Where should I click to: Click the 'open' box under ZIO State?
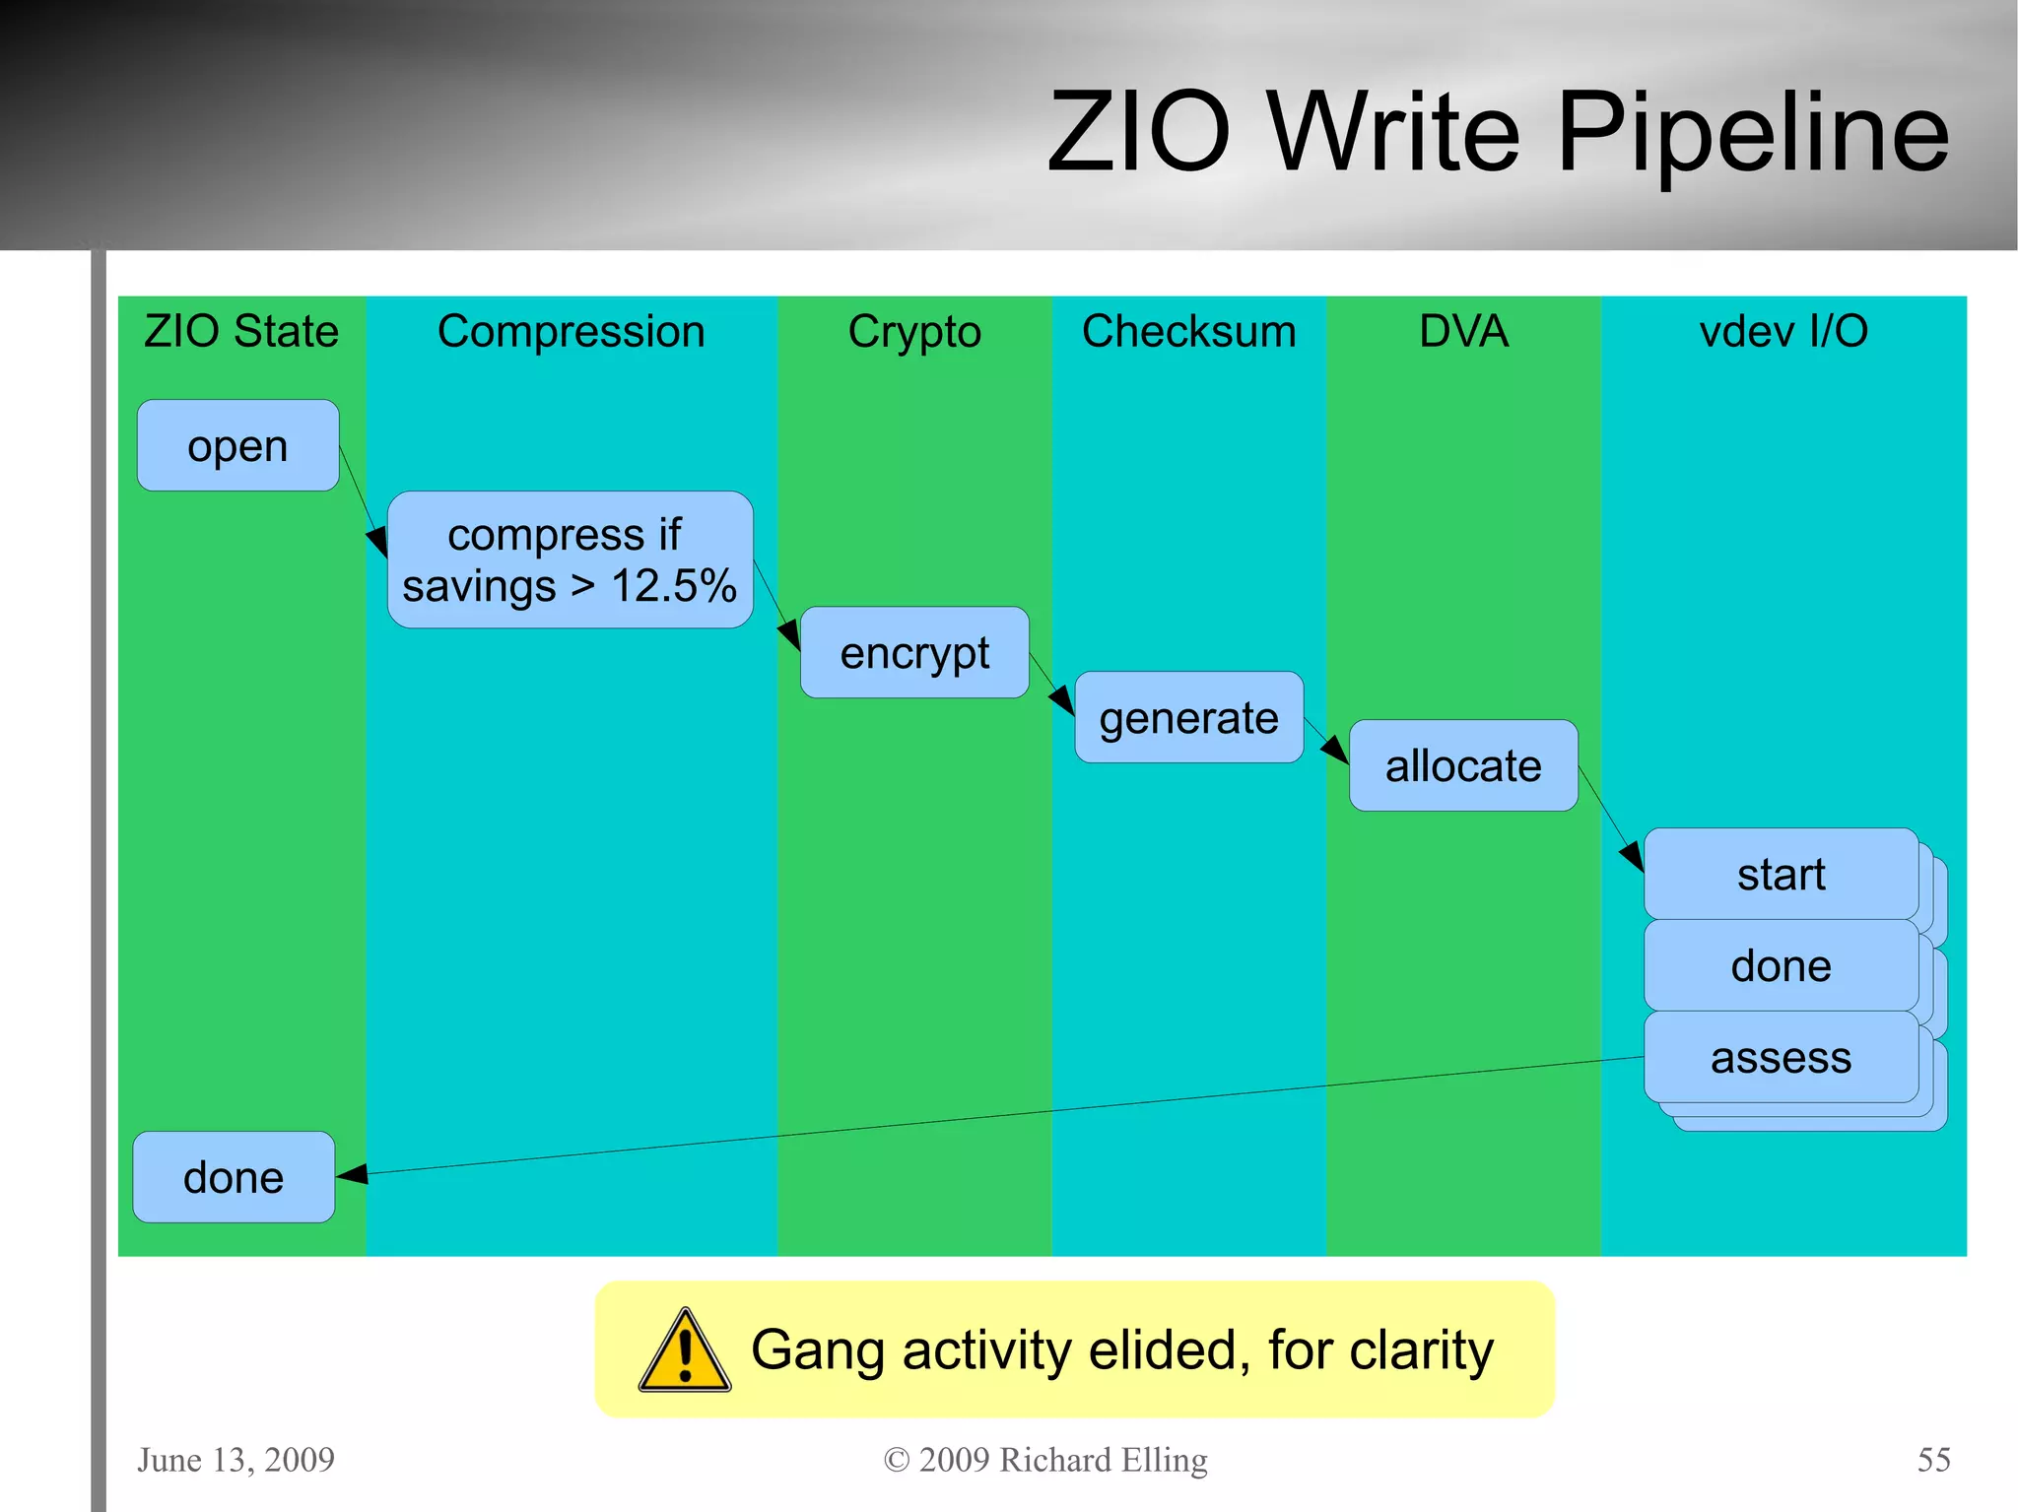[237, 445]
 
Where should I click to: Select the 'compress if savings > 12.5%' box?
[570, 559]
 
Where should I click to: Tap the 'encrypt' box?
[914, 652]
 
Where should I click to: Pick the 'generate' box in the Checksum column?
[1188, 717]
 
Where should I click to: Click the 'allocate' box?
[1463, 765]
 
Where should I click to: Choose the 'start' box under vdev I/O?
[1781, 874]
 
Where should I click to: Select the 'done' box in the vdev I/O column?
[1781, 965]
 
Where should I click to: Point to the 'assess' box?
[1781, 1057]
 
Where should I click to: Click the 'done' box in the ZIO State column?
[234, 1177]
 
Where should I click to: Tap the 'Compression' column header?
[571, 331]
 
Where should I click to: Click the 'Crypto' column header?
[914, 332]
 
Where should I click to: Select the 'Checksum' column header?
[1188, 331]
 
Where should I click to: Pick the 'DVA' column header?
[1463, 331]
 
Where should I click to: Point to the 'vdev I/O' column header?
[1783, 331]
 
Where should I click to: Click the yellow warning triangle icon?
[685, 1352]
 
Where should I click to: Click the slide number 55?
[1933, 1459]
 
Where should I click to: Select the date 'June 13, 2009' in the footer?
[235, 1459]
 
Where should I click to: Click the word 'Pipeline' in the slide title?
[1752, 132]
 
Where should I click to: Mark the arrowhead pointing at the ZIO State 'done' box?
[353, 1173]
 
